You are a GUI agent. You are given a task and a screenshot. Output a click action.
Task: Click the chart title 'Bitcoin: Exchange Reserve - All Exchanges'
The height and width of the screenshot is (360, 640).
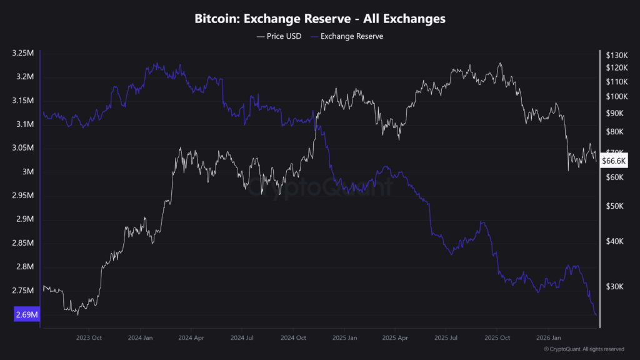pyautogui.click(x=320, y=19)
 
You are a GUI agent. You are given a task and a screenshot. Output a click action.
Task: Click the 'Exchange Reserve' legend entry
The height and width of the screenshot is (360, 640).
pyautogui.click(x=351, y=36)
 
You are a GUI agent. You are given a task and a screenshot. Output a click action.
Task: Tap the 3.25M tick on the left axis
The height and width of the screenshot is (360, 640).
pyautogui.click(x=23, y=53)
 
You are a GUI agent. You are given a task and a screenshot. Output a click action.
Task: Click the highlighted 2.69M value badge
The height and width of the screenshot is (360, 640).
pyautogui.click(x=26, y=315)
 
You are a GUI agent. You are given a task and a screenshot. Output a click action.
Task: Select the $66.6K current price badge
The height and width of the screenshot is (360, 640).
pyautogui.click(x=614, y=161)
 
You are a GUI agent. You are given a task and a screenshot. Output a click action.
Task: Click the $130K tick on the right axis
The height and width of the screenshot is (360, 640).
pyautogui.click(x=616, y=54)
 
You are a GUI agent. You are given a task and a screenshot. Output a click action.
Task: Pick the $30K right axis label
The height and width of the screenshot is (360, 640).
pyautogui.click(x=613, y=286)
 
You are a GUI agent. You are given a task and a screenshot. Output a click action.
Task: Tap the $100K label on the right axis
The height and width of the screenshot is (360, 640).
pyautogui.click(x=616, y=96)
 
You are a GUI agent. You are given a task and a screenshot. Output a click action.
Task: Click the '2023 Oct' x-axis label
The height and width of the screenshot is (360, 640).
pyautogui.click(x=89, y=337)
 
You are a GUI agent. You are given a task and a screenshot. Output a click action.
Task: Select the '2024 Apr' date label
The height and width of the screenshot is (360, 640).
pyautogui.click(x=192, y=337)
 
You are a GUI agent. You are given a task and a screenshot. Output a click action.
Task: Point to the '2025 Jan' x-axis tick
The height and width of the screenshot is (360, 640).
pyautogui.click(x=344, y=337)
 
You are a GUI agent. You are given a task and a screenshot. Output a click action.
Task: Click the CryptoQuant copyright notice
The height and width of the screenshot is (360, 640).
pyautogui.click(x=584, y=349)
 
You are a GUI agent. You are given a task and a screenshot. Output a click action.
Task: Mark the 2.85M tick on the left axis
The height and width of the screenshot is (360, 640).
pyautogui.click(x=23, y=243)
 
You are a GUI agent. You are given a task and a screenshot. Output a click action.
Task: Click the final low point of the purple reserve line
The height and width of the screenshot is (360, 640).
pyautogui.click(x=596, y=314)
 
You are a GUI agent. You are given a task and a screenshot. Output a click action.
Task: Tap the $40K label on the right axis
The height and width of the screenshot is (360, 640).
pyautogui.click(x=613, y=241)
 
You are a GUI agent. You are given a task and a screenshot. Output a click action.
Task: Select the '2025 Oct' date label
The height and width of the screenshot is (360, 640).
pyautogui.click(x=497, y=337)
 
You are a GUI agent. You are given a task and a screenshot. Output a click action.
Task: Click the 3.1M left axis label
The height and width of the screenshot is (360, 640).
pyautogui.click(x=26, y=124)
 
